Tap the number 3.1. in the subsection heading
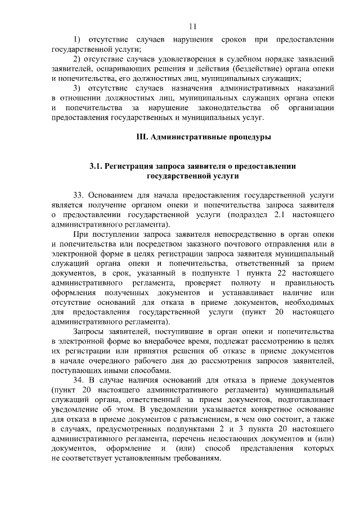tap(97, 166)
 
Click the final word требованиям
tap(191, 458)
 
